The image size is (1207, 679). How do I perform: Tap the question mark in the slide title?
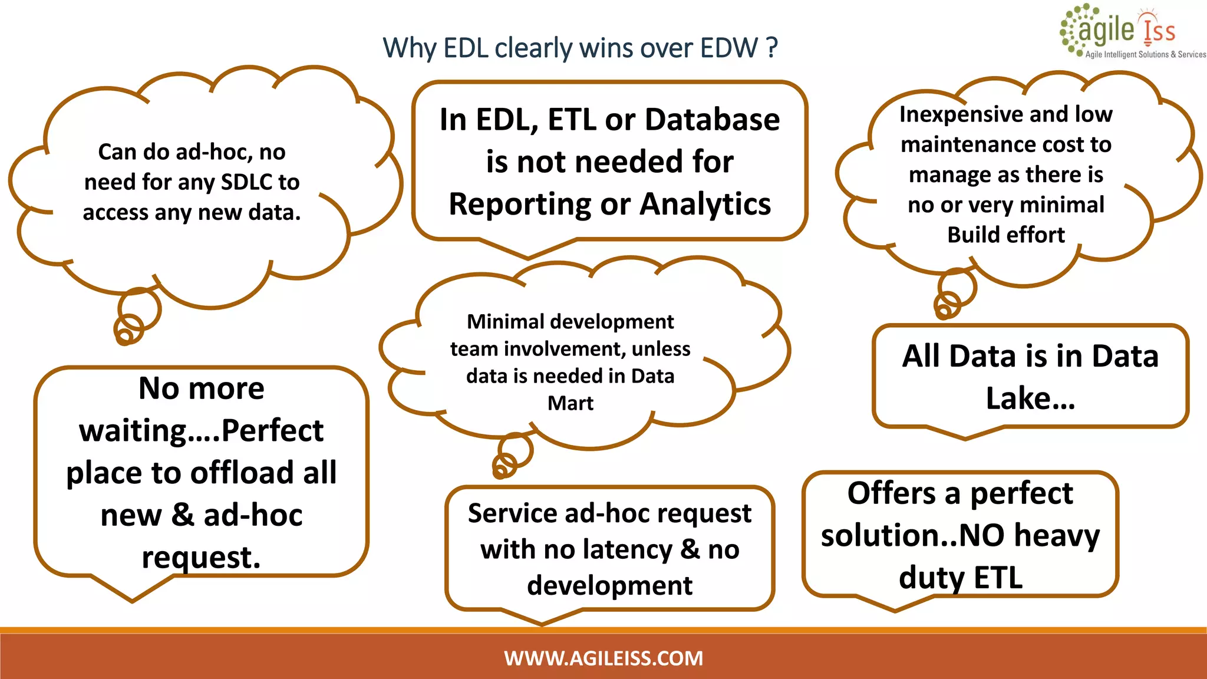[x=772, y=48]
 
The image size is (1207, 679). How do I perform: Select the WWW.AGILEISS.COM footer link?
[x=603, y=658]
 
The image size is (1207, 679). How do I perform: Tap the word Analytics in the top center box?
[x=705, y=204]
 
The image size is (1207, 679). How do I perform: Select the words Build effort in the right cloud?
[x=1006, y=235]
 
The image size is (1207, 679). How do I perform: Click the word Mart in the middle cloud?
[x=570, y=403]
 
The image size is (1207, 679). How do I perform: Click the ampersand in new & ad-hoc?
[x=183, y=515]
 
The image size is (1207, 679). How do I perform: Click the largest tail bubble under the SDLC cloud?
[x=139, y=309]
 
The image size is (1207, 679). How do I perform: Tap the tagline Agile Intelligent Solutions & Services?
[x=1145, y=54]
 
